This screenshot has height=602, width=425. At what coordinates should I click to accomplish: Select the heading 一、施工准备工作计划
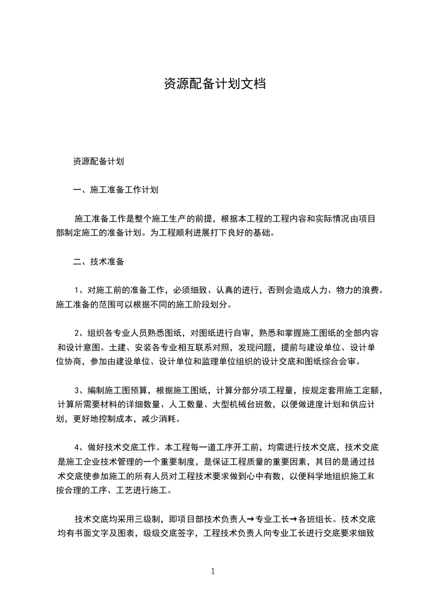(115, 189)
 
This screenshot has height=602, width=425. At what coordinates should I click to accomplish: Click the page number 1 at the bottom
(213, 571)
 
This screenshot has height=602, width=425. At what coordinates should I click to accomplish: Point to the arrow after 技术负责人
(250, 519)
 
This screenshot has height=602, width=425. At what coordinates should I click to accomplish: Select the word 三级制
(150, 519)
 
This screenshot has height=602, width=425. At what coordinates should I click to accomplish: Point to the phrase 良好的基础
(255, 233)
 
